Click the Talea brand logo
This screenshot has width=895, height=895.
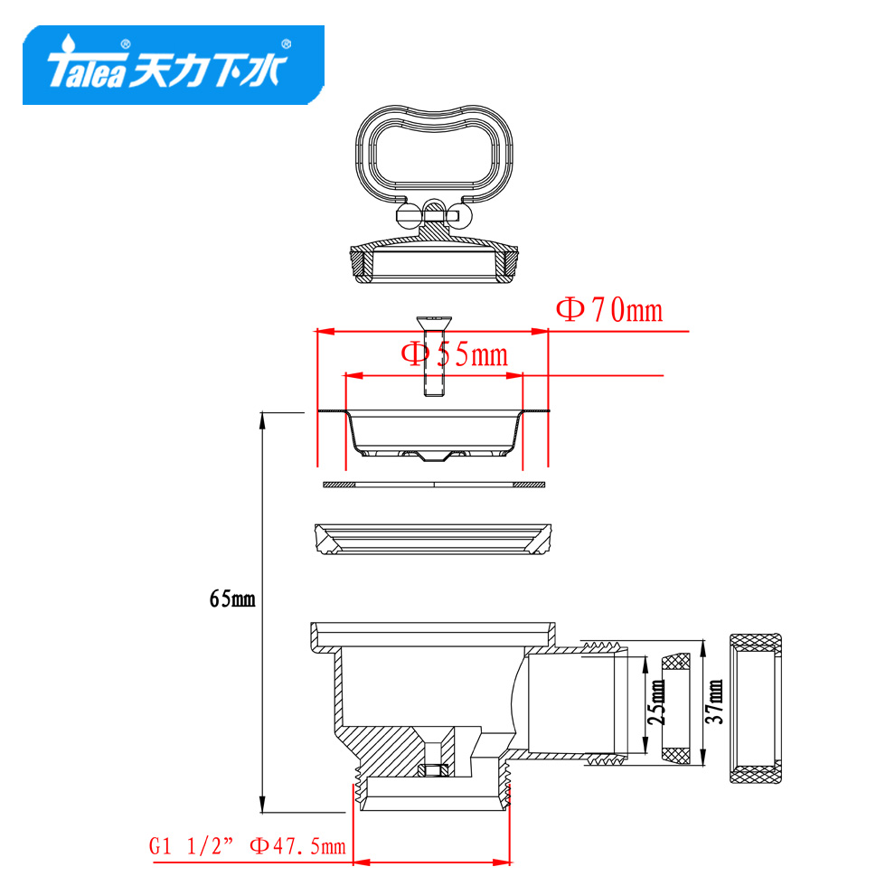[174, 65]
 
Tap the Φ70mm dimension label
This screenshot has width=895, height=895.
[609, 310]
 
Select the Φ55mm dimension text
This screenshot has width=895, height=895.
[455, 354]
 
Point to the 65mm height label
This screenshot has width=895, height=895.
[232, 598]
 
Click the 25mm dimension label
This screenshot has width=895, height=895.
[656, 702]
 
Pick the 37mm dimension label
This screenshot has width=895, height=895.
[714, 702]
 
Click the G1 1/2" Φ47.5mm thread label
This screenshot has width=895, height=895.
[248, 846]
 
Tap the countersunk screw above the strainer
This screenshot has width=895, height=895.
[434, 356]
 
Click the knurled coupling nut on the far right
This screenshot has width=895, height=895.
[756, 708]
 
